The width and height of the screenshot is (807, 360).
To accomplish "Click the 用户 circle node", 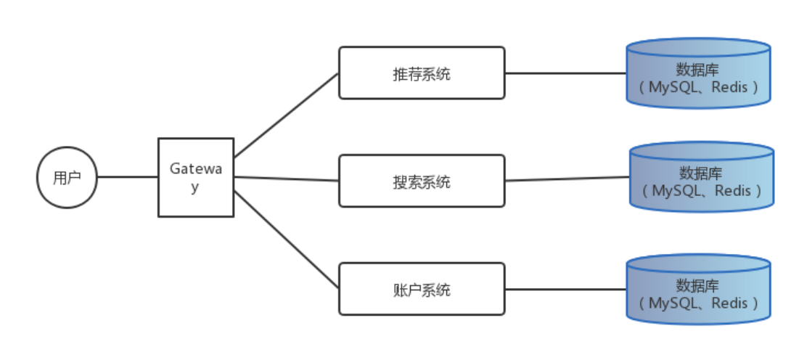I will (x=67, y=177).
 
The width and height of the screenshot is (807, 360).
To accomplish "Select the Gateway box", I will (x=196, y=177).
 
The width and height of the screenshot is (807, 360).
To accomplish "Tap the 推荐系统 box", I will (x=422, y=73).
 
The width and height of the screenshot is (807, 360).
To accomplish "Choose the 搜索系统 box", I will (x=422, y=181).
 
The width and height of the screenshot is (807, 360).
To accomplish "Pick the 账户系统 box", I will (x=422, y=289).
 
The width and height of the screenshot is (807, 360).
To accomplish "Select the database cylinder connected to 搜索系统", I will (x=701, y=178).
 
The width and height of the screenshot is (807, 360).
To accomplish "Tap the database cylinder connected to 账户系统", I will (x=698, y=289).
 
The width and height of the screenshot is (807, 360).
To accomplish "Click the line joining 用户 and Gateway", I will (x=128, y=177).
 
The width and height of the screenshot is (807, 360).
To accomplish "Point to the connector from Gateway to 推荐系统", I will (x=287, y=115).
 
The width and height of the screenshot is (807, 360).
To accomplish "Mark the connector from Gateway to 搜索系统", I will (x=287, y=179).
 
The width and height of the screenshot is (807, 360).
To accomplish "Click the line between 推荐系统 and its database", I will (x=566, y=73).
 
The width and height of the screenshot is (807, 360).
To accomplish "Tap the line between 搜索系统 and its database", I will (x=566, y=179).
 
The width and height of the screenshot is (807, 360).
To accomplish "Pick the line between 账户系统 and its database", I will (x=566, y=289).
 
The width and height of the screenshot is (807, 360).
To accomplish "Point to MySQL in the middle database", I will (x=674, y=192).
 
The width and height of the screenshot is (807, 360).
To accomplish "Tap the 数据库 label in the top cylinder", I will (x=697, y=70).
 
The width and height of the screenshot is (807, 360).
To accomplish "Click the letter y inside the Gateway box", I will (x=195, y=187).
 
